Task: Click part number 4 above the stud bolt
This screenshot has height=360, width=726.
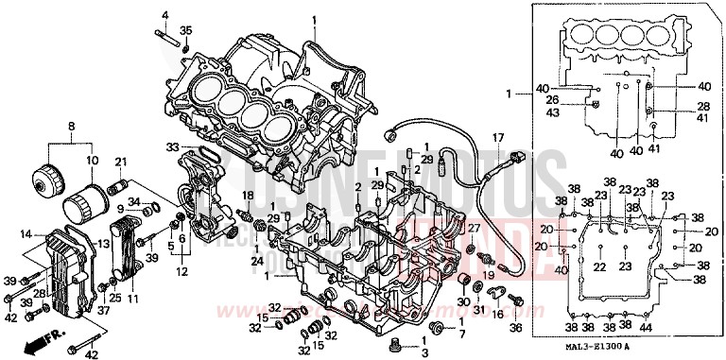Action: (164, 16)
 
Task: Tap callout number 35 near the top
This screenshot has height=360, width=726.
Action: (186, 31)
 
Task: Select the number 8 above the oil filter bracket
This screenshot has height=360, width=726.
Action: (70, 126)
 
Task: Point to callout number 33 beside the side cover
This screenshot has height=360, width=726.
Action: (172, 146)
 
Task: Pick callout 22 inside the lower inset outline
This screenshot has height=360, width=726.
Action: (598, 267)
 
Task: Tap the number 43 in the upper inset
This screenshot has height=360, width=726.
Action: (579, 113)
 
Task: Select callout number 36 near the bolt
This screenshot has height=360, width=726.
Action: (515, 328)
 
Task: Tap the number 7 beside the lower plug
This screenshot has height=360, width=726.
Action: (461, 334)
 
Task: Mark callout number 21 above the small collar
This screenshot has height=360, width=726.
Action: (120, 163)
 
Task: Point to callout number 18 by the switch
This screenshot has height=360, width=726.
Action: (249, 195)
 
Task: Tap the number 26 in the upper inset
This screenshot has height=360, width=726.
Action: (579, 100)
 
